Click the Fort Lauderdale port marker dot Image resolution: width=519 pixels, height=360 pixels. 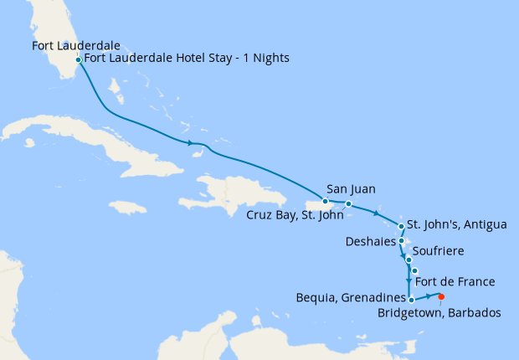coord(78,59)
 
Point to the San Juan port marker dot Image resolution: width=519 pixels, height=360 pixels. coord(326,202)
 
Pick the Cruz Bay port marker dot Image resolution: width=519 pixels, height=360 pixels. coord(348,204)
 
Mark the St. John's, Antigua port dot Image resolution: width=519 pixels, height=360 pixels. coord(402,226)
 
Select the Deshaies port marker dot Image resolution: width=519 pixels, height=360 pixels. coord(402,241)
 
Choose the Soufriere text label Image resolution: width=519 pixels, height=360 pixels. coord(439,251)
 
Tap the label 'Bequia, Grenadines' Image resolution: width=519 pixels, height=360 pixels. coord(352,297)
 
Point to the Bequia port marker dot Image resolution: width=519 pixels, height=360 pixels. coord(411,298)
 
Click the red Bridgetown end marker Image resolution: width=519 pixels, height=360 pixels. coord(440,296)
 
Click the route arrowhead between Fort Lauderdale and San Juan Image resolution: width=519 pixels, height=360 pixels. coord(193,141)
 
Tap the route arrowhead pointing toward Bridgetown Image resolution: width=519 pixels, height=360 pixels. coord(429,296)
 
